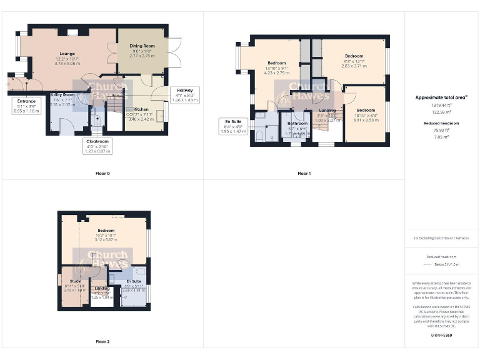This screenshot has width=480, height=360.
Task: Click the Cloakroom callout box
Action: coord(97,146)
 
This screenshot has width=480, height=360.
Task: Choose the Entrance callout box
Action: coord(26,105)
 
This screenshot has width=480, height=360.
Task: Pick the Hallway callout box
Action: coord(184,94)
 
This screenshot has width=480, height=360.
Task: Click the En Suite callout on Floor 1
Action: coord(234,126)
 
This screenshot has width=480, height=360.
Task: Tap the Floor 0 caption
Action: coord(102,172)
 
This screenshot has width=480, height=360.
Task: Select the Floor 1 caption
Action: coord(304,173)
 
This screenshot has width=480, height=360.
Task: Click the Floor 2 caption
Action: coord(102,342)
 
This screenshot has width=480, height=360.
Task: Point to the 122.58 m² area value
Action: coord(442,111)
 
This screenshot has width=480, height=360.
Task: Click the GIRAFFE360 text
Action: coord(442,336)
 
